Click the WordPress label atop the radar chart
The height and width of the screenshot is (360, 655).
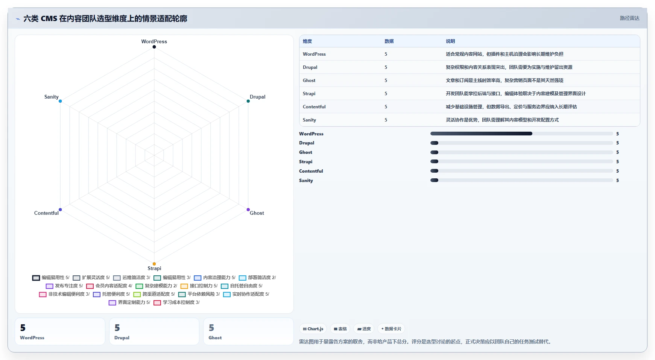[x=154, y=41]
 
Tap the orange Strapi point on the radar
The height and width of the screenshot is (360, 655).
[x=154, y=264]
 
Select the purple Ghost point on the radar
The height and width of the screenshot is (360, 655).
[x=248, y=210]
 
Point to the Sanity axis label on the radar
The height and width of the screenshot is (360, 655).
[x=51, y=97]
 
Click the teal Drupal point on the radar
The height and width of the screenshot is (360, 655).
[x=248, y=101]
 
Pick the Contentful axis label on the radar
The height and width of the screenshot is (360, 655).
[x=46, y=213]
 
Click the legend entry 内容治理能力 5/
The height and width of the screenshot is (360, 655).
[x=215, y=278]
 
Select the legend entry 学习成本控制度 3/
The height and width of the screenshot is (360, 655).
[x=177, y=302]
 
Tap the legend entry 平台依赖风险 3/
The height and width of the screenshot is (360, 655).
[x=199, y=294]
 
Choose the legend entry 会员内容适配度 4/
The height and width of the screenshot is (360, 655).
[x=109, y=286]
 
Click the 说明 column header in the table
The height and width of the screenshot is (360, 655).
[x=450, y=41]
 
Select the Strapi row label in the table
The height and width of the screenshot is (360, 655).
[x=309, y=94]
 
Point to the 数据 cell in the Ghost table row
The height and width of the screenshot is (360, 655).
[x=386, y=81]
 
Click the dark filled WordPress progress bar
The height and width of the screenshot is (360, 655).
[x=481, y=134]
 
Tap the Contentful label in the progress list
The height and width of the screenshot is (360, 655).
[x=311, y=171]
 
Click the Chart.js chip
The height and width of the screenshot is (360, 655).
[x=313, y=329]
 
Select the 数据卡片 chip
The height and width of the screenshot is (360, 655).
[x=391, y=329]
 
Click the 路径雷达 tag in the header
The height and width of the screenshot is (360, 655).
[x=629, y=18]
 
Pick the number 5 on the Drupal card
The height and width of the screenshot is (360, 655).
[x=117, y=328]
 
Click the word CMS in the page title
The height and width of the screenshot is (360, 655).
[x=49, y=18]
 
